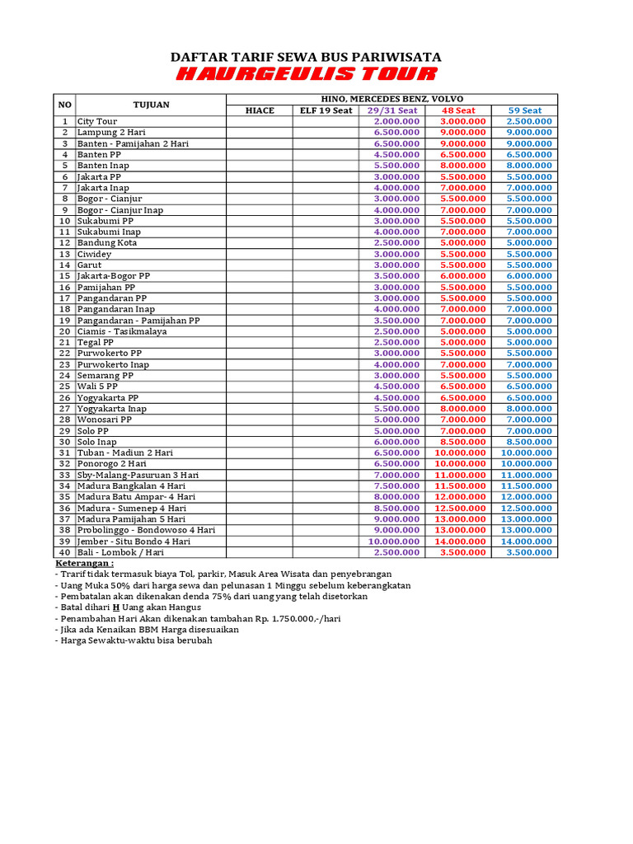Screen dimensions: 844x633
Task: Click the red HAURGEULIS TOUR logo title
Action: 306,75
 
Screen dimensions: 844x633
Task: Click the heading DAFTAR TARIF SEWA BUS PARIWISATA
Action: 306,57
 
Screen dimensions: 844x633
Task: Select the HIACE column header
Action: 260,110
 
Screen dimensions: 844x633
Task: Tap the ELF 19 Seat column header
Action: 326,110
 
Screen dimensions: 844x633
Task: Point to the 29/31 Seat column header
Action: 392,110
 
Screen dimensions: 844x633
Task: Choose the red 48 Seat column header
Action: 458,110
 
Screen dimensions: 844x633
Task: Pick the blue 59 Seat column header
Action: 525,110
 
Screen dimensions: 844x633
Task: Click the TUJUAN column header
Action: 151,105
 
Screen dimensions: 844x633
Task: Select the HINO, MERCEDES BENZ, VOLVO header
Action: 392,99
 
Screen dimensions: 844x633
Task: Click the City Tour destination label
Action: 97,121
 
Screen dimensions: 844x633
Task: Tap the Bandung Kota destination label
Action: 107,243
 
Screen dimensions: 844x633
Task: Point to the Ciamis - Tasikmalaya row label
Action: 122,331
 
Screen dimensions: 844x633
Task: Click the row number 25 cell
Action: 64,387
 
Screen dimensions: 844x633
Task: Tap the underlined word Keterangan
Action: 84,563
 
